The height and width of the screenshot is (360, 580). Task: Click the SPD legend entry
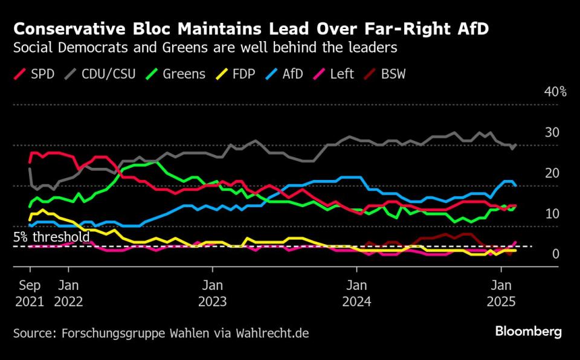pos(34,74)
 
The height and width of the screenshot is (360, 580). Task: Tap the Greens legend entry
pos(176,74)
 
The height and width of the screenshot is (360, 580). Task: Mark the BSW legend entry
pos(388,74)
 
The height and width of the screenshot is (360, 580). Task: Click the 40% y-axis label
pos(555,92)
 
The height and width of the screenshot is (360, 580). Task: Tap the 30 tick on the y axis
pos(552,133)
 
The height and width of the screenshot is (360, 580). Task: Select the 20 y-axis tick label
pos(552,173)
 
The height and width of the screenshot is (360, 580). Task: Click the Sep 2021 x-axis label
pos(30,292)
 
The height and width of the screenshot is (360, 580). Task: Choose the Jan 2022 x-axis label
pos(69,292)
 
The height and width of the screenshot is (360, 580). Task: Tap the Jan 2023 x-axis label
pos(212,292)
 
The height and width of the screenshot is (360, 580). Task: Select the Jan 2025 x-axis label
pos(500,292)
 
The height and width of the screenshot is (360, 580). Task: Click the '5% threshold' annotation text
pos(51,237)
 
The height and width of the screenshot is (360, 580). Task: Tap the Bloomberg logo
pos(528,332)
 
